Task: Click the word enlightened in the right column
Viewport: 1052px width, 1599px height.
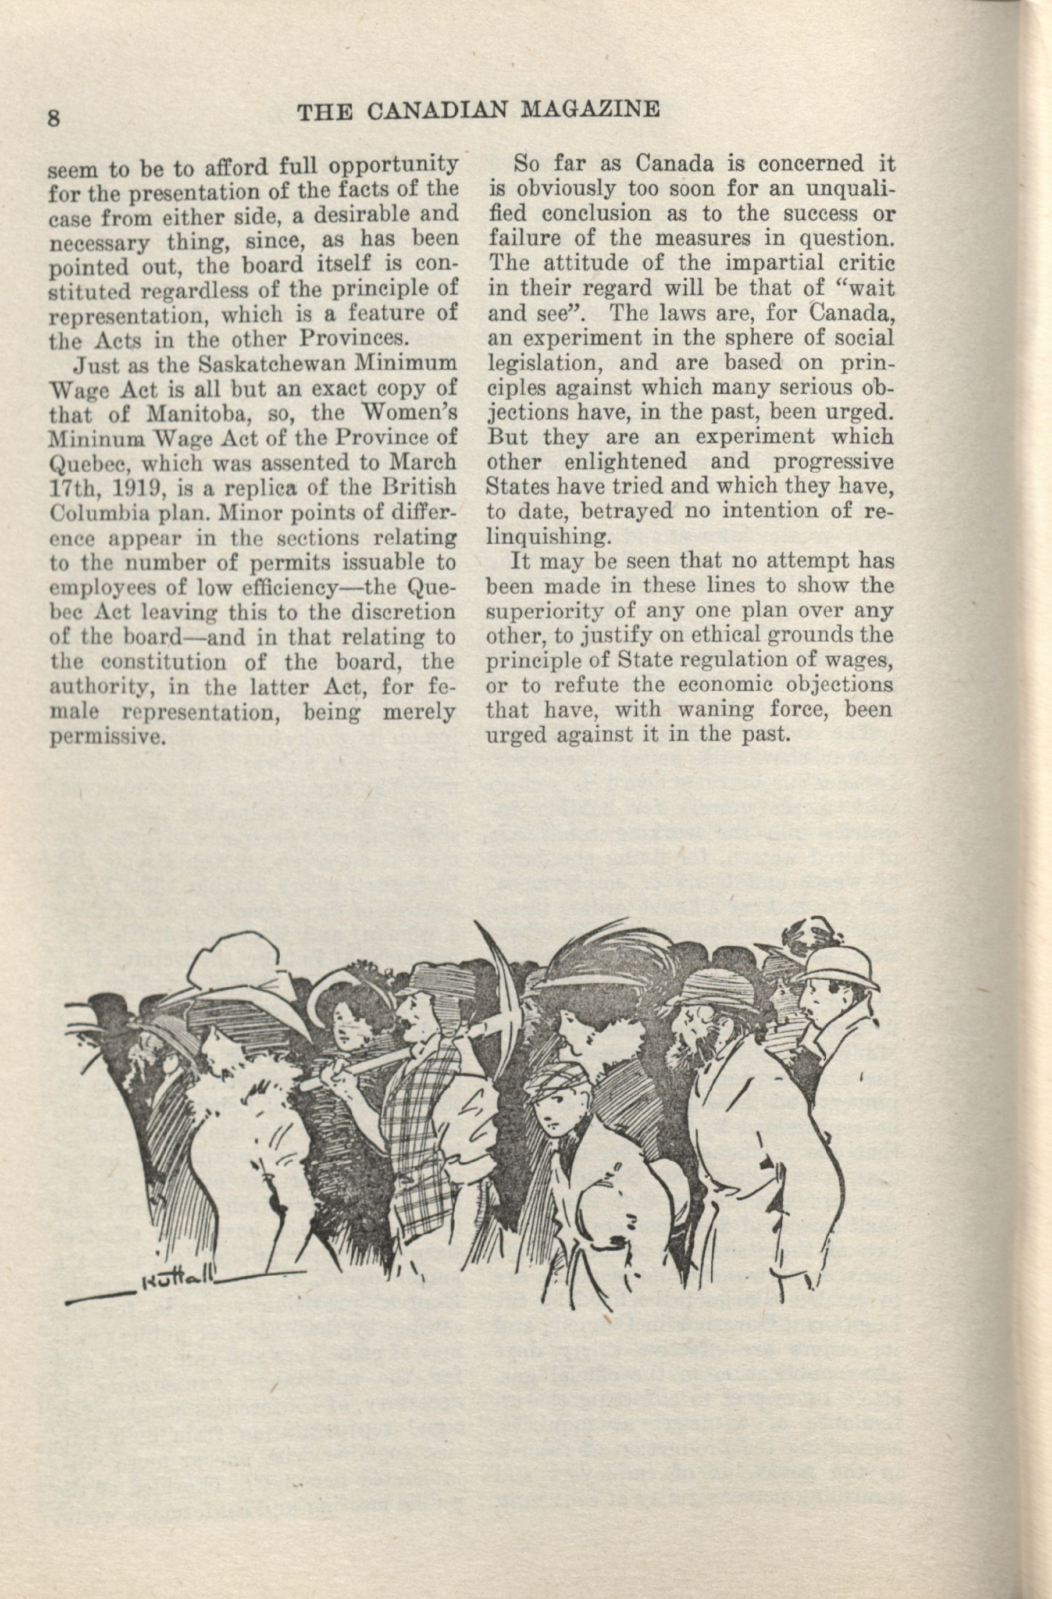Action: [625, 462]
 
